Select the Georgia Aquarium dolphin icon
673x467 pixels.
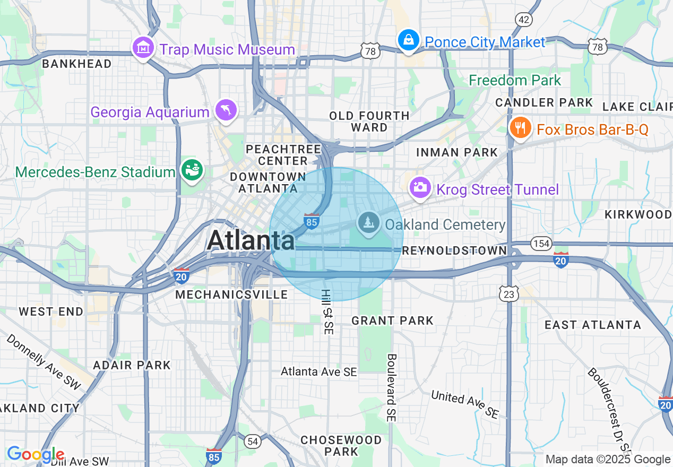pyautogui.click(x=226, y=110)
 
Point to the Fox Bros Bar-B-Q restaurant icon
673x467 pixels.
pyautogui.click(x=521, y=128)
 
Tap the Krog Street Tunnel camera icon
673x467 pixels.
pyautogui.click(x=420, y=188)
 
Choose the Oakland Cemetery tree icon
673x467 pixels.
pyautogui.click(x=368, y=223)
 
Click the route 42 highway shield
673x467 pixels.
pyautogui.click(x=524, y=20)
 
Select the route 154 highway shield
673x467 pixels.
pyautogui.click(x=541, y=243)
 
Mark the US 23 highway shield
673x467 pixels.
pyautogui.click(x=509, y=293)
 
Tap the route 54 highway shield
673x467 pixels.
pyautogui.click(x=253, y=440)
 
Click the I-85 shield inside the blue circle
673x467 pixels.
pyautogui.click(x=312, y=221)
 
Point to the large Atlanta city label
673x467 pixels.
pyautogui.click(x=251, y=240)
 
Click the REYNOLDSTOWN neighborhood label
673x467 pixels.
pyautogui.click(x=454, y=250)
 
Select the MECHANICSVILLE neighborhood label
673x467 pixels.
pyautogui.click(x=231, y=295)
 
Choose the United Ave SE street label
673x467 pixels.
pyautogui.click(x=465, y=404)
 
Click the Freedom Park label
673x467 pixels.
pyautogui.click(x=515, y=81)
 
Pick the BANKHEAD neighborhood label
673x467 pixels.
pyautogui.click(x=76, y=64)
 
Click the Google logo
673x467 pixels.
pyautogui.click(x=35, y=455)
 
